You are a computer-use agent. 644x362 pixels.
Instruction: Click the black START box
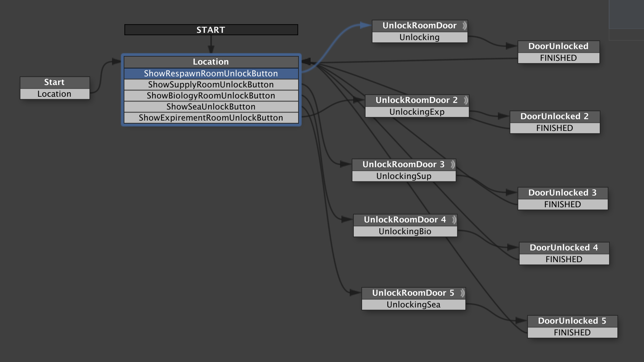[x=211, y=30]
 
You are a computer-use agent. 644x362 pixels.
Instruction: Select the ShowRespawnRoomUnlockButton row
[x=211, y=74]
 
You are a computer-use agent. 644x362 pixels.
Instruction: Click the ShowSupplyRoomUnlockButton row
[x=211, y=85]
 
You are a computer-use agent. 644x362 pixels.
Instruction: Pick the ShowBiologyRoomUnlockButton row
[x=211, y=96]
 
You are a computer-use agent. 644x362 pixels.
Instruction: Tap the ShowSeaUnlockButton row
[x=211, y=107]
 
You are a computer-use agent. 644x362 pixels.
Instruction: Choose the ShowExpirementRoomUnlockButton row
[x=211, y=118]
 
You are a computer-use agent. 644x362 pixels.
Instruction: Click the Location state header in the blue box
[x=211, y=62]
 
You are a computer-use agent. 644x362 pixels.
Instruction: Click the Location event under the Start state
[x=55, y=94]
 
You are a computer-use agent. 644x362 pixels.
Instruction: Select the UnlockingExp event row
[x=417, y=112]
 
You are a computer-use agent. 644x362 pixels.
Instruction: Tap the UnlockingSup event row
[x=404, y=176]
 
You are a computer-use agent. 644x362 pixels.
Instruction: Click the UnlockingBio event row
[x=405, y=231]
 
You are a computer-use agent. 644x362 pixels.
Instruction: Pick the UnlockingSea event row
[x=413, y=305]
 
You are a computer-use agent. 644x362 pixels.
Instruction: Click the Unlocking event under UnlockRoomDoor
[x=419, y=37]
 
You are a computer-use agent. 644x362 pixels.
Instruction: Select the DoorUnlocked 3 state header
[x=562, y=193]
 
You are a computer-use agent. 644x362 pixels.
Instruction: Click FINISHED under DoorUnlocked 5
[x=572, y=333]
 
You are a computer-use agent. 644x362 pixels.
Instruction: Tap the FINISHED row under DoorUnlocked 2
[x=555, y=128]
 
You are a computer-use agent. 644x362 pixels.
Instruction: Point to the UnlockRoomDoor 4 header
[x=405, y=220]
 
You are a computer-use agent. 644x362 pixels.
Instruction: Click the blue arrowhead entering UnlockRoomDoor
[x=366, y=25]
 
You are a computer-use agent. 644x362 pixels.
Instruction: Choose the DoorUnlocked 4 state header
[x=563, y=248]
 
